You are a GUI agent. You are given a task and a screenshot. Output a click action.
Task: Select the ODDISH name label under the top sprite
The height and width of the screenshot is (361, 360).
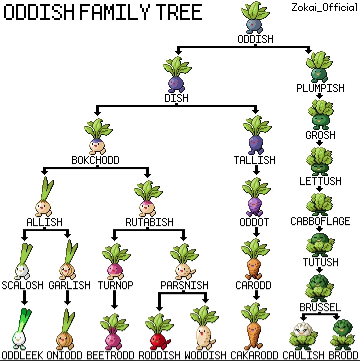tap(255, 39)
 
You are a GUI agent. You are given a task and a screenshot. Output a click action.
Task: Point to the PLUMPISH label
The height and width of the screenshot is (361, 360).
tap(320, 88)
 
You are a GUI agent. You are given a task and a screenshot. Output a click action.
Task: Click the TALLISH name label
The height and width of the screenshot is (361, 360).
tap(254, 160)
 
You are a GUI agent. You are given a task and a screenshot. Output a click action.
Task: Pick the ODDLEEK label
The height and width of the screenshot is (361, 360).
tap(22, 355)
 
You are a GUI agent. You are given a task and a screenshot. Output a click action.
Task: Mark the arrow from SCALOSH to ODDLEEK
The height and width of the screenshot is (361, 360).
tap(25, 298)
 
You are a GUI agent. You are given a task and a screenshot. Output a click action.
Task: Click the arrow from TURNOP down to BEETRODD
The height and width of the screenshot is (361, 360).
tap(114, 299)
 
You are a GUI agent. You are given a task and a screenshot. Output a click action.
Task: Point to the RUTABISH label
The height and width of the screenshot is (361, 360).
tap(149, 222)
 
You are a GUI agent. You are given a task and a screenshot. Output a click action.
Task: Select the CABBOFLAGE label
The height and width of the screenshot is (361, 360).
tap(320, 221)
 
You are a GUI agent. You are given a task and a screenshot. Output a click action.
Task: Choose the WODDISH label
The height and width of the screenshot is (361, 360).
tap(205, 355)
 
